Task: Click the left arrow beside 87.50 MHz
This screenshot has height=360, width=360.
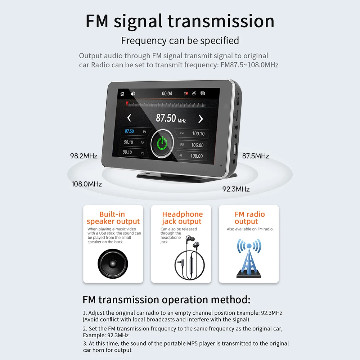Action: (129, 118)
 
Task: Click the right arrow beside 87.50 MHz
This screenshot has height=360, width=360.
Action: (201, 119)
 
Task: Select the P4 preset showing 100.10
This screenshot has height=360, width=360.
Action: (193, 134)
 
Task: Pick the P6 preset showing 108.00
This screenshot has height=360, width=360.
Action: (192, 156)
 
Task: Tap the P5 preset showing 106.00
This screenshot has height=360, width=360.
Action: (193, 145)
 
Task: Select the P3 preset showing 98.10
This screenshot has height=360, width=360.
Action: (133, 152)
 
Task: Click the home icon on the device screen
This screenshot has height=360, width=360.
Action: (122, 94)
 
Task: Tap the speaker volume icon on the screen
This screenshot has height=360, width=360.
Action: (133, 94)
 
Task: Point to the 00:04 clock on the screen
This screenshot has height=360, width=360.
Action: (167, 94)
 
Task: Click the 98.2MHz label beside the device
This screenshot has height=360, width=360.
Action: (84, 156)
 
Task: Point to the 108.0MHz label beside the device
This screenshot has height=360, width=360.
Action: (87, 184)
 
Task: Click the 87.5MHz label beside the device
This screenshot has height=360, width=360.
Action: (256, 156)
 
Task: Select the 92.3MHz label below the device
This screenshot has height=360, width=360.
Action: (236, 189)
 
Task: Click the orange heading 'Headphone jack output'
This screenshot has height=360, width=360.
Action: (182, 218)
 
